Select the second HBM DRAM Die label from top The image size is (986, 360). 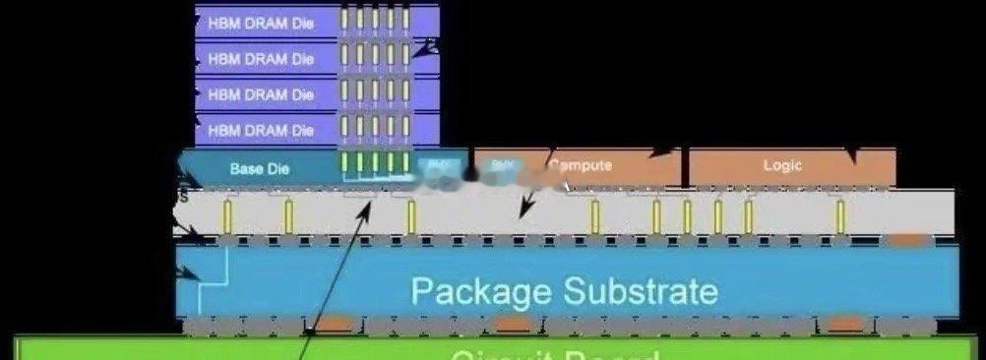coord(261,58)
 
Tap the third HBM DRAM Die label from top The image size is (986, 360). coord(261,94)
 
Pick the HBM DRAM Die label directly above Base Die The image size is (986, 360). coord(261,130)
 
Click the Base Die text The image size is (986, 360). coord(260,168)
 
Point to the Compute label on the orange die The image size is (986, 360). coord(581,165)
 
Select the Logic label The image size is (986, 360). coord(782,165)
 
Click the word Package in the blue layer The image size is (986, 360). coord(480,291)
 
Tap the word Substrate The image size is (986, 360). coord(641,291)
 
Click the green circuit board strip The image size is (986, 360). coord(492,349)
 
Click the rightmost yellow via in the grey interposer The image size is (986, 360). coord(839,215)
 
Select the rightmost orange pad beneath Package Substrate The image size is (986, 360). coord(843,324)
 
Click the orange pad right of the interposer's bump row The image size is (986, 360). coord(907,239)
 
